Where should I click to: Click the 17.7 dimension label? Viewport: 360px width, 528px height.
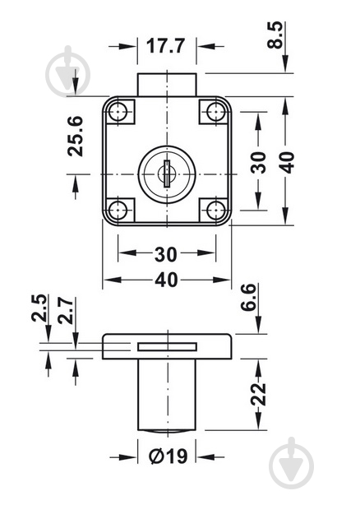(x=165, y=46)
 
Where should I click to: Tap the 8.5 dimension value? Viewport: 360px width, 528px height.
(x=275, y=35)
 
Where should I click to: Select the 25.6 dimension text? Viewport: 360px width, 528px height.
(x=75, y=136)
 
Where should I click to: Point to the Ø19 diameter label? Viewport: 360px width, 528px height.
(x=168, y=456)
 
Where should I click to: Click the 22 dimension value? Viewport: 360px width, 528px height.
(x=258, y=394)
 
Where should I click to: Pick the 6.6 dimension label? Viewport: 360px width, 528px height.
(x=249, y=298)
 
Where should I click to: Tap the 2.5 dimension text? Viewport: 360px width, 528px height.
(x=39, y=308)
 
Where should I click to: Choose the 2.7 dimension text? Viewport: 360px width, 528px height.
(x=65, y=311)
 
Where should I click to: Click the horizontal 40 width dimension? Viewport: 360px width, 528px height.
(x=166, y=280)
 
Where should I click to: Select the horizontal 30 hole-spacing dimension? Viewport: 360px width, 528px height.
(x=166, y=254)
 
